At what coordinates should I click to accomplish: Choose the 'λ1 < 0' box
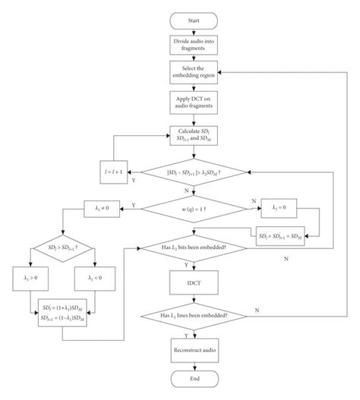[x=96, y=279]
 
